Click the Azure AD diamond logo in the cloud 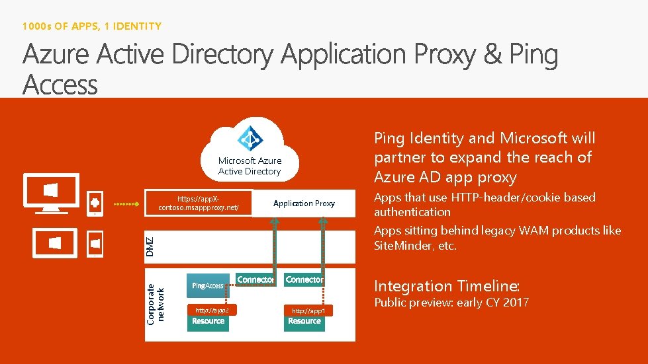click(x=250, y=139)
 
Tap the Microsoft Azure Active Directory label click(x=250, y=166)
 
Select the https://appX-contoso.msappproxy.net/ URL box click(x=199, y=203)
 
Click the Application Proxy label click(x=304, y=203)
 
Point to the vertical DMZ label click(x=150, y=247)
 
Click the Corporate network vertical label click(x=156, y=303)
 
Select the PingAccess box click(x=208, y=285)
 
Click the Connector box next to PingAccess click(x=255, y=280)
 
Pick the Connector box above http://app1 click(x=304, y=280)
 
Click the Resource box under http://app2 click(x=208, y=322)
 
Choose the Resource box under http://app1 click(x=304, y=322)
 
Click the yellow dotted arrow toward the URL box click(x=128, y=204)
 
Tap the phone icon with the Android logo click(x=95, y=203)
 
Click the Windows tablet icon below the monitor click(x=54, y=242)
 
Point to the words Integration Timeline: click(x=447, y=286)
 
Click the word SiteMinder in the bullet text click(x=397, y=246)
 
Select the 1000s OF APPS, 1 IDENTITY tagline click(x=91, y=26)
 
